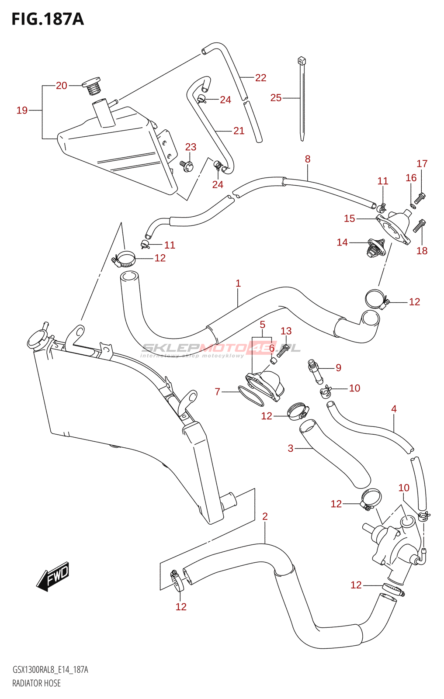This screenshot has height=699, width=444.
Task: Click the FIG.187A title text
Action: click(x=47, y=19)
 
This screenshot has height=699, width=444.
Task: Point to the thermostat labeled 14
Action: click(x=375, y=248)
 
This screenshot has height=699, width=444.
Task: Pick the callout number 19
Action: click(x=22, y=111)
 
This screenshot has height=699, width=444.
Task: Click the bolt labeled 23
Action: click(x=187, y=166)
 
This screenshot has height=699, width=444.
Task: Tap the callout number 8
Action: click(x=308, y=159)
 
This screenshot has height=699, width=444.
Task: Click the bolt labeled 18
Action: click(x=419, y=226)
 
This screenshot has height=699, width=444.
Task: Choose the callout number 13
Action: click(x=286, y=331)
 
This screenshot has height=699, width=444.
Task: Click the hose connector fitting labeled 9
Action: click(x=315, y=370)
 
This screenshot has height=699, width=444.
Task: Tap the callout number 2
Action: click(x=265, y=516)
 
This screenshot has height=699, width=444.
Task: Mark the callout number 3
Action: click(x=290, y=448)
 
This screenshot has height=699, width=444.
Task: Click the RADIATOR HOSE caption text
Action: click(x=36, y=683)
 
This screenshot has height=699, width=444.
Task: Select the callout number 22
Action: click(x=260, y=78)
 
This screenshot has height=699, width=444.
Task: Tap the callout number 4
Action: click(x=394, y=409)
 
